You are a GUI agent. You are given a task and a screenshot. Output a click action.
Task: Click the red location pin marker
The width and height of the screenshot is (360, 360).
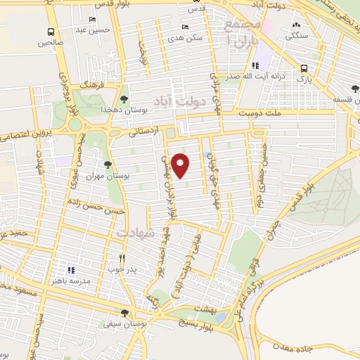(181, 165)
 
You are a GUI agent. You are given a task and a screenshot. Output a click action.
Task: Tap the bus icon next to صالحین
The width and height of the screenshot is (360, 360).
(51, 32)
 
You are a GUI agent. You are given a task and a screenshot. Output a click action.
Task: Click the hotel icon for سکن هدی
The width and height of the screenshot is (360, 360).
(185, 27)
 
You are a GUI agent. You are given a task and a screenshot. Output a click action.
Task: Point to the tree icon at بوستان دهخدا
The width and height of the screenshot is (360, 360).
(124, 100)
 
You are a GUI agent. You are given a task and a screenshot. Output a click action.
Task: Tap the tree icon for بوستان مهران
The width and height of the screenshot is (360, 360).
(107, 165)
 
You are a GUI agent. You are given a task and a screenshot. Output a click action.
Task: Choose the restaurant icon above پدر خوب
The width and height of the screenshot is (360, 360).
(122, 258)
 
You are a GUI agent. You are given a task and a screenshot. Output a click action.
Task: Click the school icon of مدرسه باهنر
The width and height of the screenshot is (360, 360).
(70, 269)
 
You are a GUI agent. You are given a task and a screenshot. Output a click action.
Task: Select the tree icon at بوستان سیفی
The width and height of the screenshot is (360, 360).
(124, 314)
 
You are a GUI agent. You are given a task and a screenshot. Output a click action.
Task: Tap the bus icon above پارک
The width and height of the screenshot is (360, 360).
(304, 69)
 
